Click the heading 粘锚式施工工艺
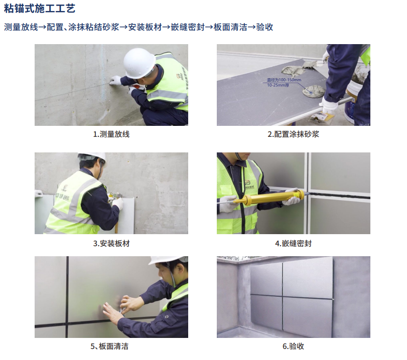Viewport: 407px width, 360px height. tap(40, 9)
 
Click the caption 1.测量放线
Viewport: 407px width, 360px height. tap(111, 134)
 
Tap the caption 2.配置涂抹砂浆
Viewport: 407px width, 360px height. tap(293, 134)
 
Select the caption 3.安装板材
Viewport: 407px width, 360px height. tap(111, 244)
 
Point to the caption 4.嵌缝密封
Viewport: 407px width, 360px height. tap(293, 244)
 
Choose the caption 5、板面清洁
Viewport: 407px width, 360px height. tap(109, 346)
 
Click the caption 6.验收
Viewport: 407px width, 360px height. tap(293, 346)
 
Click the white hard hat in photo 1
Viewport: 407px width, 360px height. tap(139, 63)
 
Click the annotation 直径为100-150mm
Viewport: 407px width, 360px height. tap(284, 80)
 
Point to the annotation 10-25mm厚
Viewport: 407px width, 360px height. tap(278, 85)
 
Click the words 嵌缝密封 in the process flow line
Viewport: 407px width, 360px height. tap(188, 27)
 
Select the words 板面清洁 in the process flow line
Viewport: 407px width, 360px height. tap(230, 27)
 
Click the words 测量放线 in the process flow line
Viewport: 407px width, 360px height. tap(21, 27)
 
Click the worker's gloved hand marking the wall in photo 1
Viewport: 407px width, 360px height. tap(115, 80)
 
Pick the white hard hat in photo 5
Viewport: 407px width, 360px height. tap(169, 260)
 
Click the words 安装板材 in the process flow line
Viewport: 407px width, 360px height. tap(145, 27)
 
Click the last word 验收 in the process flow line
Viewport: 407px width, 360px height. tap(265, 27)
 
